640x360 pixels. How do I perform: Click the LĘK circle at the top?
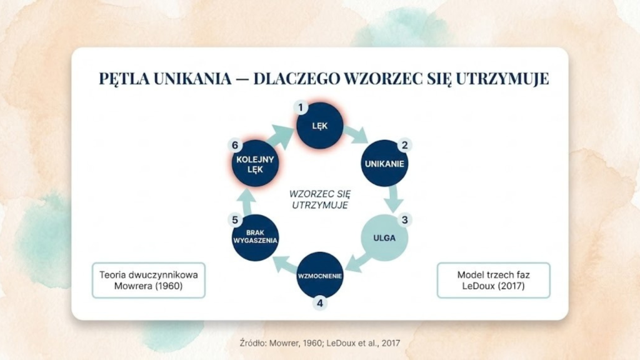click(x=320, y=126)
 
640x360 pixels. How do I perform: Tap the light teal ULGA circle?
click(x=384, y=237)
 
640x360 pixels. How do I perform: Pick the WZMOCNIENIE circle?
click(x=320, y=275)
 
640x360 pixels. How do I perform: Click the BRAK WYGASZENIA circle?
click(x=255, y=238)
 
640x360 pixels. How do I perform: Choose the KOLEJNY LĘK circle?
click(x=255, y=164)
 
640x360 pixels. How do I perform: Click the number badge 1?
click(x=301, y=107)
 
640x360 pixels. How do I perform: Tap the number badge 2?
click(x=404, y=145)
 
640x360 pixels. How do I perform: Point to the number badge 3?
click(x=405, y=220)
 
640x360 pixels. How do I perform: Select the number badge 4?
click(x=320, y=304)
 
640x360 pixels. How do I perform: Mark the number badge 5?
click(x=235, y=220)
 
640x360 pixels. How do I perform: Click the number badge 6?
click(x=235, y=146)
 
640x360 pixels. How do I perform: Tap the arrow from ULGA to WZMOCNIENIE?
click(x=357, y=262)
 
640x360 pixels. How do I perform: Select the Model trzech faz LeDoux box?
click(x=494, y=280)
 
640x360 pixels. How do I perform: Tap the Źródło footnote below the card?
click(x=319, y=342)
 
